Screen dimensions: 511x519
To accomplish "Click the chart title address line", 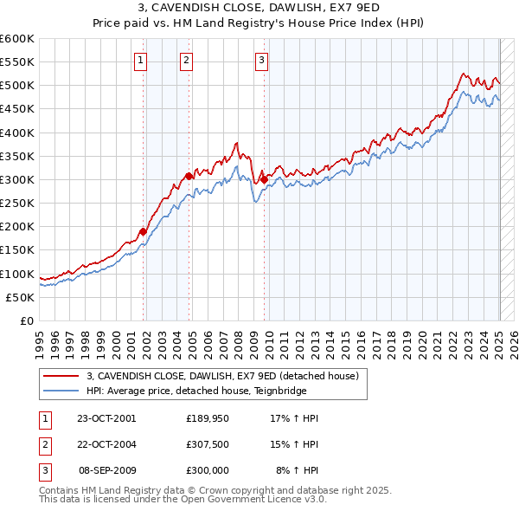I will click(x=259, y=9).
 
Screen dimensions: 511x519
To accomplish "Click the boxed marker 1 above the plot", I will click(x=141, y=60).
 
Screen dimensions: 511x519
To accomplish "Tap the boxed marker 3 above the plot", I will click(x=261, y=60).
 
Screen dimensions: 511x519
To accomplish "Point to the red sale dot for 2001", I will click(x=144, y=231).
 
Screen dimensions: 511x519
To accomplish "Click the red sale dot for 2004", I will click(x=189, y=176).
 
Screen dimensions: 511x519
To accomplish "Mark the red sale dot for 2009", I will click(x=264, y=179).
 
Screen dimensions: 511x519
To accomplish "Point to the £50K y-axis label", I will click(x=21, y=297).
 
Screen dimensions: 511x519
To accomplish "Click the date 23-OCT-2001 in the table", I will click(x=106, y=418).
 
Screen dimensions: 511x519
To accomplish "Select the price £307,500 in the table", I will click(x=208, y=444).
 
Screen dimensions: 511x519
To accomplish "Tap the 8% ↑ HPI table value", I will click(x=297, y=470).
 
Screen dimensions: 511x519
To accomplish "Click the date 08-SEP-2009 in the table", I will click(x=106, y=470).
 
